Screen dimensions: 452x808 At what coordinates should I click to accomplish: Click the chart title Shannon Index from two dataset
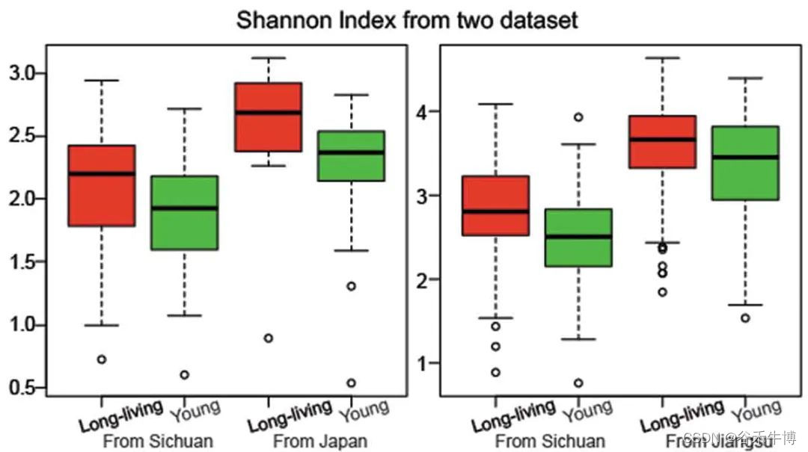(x=407, y=19)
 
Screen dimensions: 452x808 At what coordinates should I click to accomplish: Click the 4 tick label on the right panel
(x=423, y=112)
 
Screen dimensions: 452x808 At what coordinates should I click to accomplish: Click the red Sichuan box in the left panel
(x=101, y=185)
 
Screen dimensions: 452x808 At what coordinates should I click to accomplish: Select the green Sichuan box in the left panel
(x=184, y=213)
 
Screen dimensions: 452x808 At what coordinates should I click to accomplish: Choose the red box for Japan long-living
(x=268, y=117)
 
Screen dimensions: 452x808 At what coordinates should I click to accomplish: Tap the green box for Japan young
(x=351, y=155)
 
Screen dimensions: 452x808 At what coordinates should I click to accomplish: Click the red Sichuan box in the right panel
(x=495, y=205)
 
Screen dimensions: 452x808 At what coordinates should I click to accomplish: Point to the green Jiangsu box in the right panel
(x=745, y=163)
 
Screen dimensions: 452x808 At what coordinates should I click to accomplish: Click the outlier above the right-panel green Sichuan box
(x=578, y=117)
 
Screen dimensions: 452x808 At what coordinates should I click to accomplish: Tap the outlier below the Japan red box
(x=268, y=338)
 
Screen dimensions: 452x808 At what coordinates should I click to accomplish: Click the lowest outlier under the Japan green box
(x=351, y=383)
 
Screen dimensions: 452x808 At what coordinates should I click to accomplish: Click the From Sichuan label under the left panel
(x=158, y=440)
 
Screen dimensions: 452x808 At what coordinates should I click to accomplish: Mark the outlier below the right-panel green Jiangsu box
(x=745, y=318)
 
